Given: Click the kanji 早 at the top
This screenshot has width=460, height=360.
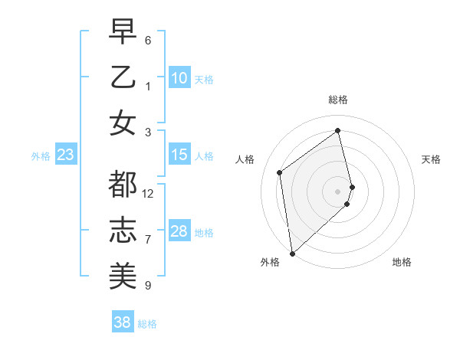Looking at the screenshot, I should (123, 33).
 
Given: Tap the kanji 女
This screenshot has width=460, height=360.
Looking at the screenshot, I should (123, 123).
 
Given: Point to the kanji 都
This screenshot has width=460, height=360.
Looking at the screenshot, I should (123, 185).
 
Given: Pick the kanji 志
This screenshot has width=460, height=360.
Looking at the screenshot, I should (123, 231).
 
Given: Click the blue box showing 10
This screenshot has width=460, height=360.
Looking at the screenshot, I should (179, 78).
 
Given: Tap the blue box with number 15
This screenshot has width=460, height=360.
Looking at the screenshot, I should (179, 155).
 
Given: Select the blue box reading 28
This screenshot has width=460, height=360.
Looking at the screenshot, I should (179, 231).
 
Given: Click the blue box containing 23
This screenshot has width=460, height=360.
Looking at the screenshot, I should (65, 155).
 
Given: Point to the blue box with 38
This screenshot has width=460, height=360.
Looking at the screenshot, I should (122, 322).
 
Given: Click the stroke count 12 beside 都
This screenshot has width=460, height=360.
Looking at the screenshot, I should (148, 193).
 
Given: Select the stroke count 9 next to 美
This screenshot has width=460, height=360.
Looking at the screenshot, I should (148, 286).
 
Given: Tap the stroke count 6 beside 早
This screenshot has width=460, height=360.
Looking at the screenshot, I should (148, 40).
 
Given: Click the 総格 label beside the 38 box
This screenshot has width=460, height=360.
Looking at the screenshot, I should (147, 324).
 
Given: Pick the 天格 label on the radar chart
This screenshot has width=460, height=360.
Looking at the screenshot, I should (431, 159).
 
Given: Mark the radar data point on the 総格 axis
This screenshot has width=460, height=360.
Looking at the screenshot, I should (338, 130).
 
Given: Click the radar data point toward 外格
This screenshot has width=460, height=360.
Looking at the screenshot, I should (292, 253).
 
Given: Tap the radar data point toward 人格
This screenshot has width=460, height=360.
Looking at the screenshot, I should (280, 172).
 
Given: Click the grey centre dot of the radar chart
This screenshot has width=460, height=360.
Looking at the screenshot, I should (338, 191).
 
